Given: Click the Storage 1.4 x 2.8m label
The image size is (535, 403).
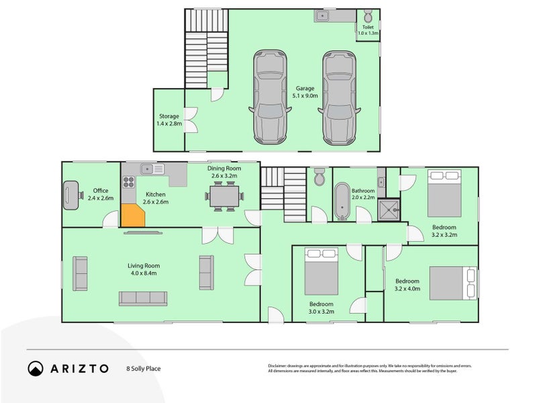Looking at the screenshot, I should [168, 120].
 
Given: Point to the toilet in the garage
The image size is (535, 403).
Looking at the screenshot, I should [367, 17].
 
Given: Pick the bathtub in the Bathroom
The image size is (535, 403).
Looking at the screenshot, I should [343, 202].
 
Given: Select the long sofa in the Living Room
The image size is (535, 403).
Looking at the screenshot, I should [142, 298].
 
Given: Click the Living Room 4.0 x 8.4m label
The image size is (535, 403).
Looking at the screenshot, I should [144, 269].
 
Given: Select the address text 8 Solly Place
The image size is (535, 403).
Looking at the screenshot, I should [144, 369].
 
